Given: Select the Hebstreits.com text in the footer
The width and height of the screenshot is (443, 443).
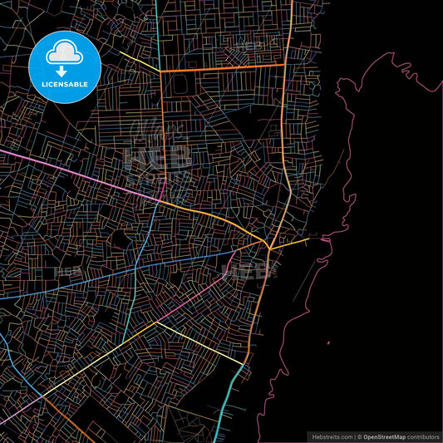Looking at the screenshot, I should (331, 436).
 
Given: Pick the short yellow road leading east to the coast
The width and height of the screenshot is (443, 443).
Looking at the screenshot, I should (291, 242).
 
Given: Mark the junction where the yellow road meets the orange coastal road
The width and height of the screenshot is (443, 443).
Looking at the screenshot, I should (268, 248).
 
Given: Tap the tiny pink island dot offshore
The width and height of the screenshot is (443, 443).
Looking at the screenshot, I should (327, 342).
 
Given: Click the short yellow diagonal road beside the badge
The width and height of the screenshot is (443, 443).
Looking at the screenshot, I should (138, 61).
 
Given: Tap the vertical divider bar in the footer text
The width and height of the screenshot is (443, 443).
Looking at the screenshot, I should (354, 436).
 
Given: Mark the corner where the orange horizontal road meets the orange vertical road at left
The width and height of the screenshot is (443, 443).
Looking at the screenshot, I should (160, 71).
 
